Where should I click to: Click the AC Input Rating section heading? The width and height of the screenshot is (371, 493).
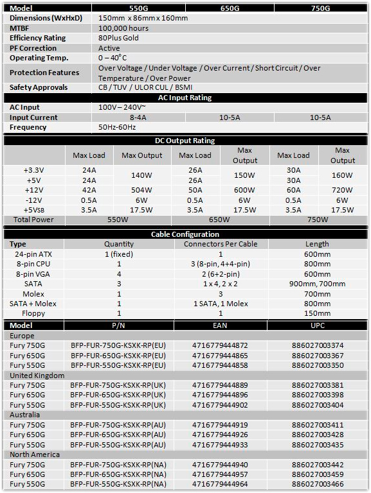[185, 98]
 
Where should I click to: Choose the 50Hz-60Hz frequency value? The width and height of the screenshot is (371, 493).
[118, 127]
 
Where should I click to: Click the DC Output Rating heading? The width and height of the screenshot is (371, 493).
[185, 141]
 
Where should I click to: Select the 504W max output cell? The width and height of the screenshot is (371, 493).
[142, 190]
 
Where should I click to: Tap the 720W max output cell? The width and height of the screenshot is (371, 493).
[342, 190]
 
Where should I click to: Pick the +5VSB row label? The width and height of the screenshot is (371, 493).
[33, 209]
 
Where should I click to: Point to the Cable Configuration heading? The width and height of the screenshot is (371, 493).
[185, 234]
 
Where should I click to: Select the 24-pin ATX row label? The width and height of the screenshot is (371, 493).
[33, 254]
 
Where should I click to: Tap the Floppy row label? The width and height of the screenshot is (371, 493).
[33, 313]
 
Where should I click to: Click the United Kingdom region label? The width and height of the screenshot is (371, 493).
[37, 375]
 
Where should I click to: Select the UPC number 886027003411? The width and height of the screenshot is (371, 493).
[317, 425]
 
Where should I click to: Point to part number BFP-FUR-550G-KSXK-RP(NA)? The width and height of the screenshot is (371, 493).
[118, 484]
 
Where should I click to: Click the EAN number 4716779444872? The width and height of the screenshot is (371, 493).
[220, 345]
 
